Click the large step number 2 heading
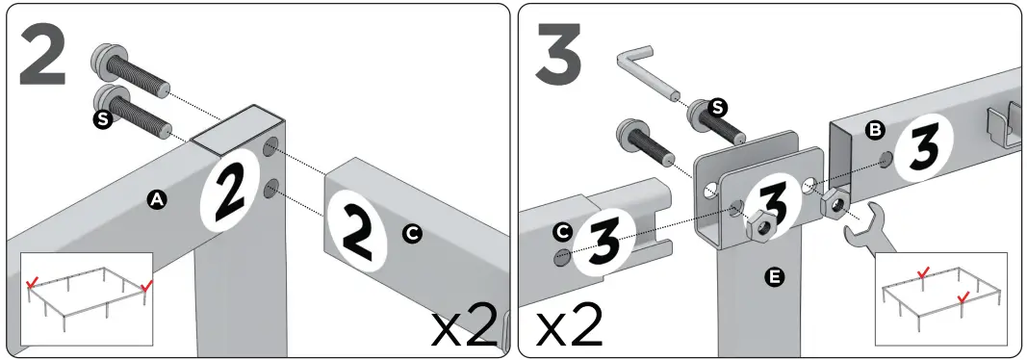click(x=43, y=56)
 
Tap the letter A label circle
click(x=155, y=199)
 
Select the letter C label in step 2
click(x=412, y=232)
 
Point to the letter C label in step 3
click(x=561, y=232)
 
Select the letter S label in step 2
click(x=100, y=120)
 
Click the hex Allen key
click(x=647, y=75)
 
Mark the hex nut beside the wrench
click(x=834, y=203)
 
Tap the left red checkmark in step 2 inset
click(x=34, y=283)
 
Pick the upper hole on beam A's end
click(x=272, y=151)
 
